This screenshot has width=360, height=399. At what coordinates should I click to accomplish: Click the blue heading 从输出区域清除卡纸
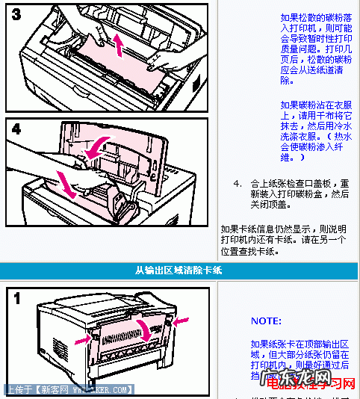click(179, 270)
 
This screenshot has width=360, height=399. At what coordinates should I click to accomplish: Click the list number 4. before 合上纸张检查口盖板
click(237, 183)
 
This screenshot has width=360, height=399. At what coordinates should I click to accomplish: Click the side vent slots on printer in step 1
click(59, 348)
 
